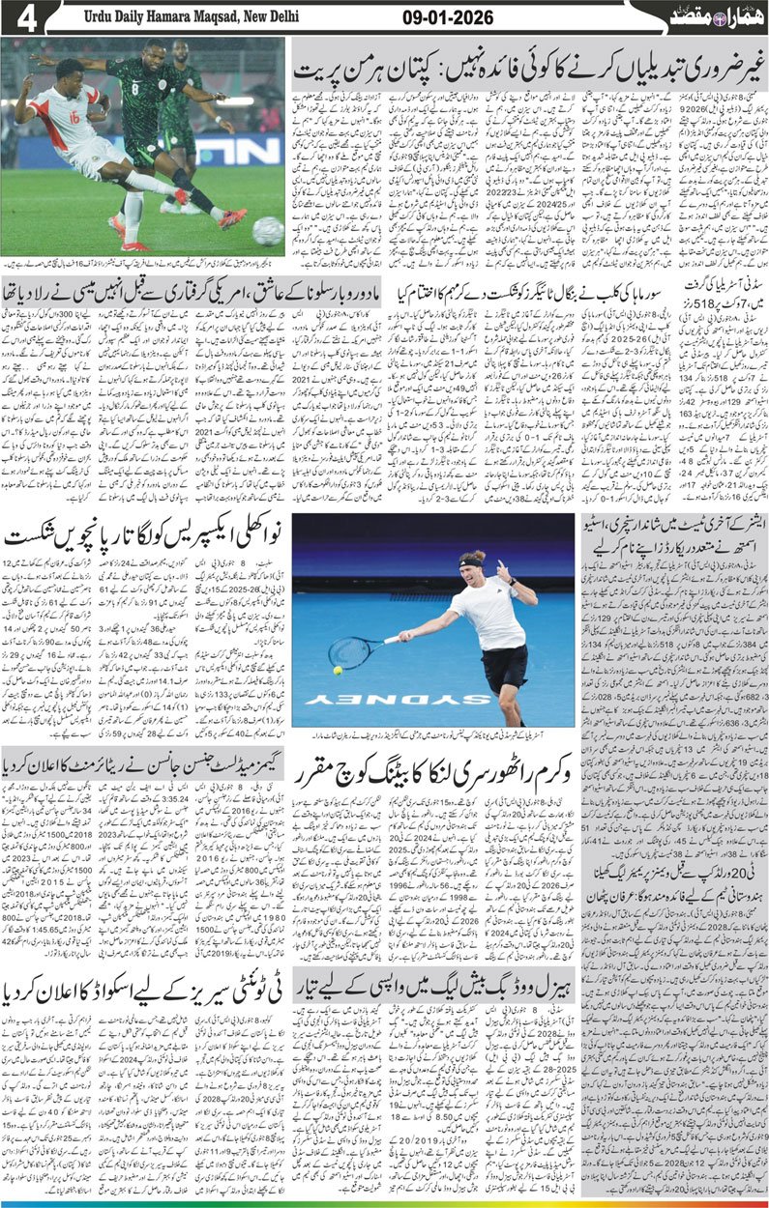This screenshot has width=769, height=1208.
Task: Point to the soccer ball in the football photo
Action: pyautogui.click(x=266, y=230)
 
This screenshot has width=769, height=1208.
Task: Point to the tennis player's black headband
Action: pyautogui.click(x=470, y=562)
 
